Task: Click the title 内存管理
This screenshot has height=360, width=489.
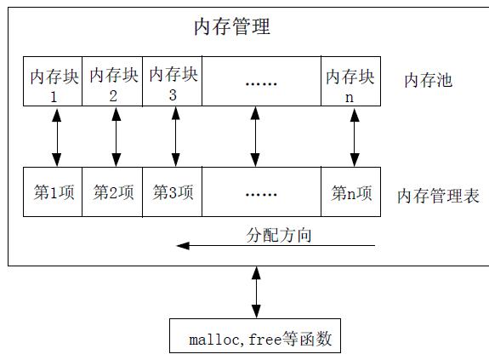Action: (232, 27)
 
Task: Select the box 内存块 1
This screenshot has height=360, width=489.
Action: (53, 82)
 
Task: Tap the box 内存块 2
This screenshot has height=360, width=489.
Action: (112, 82)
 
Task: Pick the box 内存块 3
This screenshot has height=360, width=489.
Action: (172, 82)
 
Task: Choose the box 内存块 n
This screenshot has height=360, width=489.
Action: (351, 82)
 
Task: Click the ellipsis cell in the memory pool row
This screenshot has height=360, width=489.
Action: (261, 82)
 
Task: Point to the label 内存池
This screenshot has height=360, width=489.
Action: (428, 81)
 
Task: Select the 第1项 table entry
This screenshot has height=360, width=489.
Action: (53, 191)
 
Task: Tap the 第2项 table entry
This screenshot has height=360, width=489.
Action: (112, 191)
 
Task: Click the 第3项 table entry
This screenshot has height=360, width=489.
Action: (172, 191)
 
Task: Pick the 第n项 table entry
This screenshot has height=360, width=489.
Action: (351, 191)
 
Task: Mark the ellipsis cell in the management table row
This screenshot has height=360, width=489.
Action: (261, 191)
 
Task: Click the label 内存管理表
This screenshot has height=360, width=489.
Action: (438, 196)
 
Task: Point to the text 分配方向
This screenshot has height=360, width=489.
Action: (279, 235)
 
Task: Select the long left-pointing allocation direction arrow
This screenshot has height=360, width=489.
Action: (276, 246)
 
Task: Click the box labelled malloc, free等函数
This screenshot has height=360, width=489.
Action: (255, 335)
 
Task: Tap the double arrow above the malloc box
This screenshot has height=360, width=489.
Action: (256, 292)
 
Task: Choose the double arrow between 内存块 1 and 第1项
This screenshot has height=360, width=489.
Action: (56, 137)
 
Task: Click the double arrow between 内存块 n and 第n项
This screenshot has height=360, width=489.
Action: (355, 137)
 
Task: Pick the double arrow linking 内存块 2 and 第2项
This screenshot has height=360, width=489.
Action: (117, 137)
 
